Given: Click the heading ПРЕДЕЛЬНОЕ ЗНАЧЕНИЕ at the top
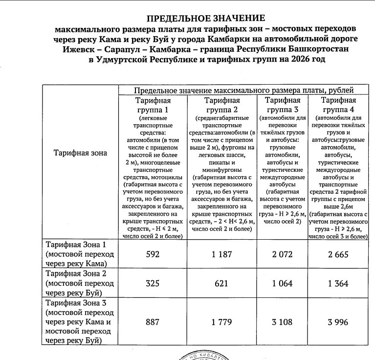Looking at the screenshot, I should [205, 18].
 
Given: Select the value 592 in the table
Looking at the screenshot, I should [153, 255].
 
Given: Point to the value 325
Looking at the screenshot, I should [153, 284].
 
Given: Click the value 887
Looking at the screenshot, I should [153, 322].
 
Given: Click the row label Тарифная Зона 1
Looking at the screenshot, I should [75, 245].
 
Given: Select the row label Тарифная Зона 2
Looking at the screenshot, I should [75, 274].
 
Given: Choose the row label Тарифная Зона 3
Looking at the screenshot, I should [75, 303].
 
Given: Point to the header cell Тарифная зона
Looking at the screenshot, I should [79, 153].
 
